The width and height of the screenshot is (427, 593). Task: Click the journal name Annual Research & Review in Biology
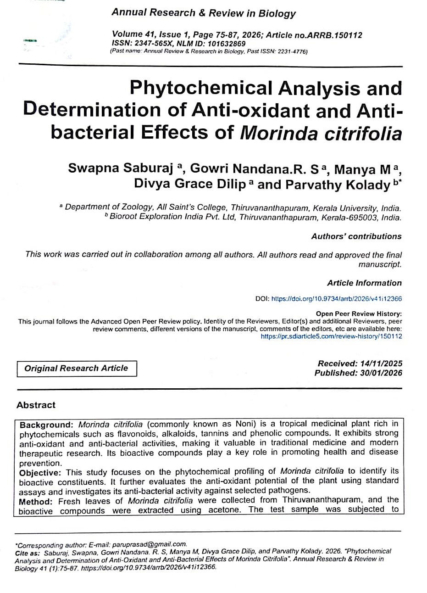(x=204, y=13)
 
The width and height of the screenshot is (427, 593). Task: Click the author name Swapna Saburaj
(x=120, y=168)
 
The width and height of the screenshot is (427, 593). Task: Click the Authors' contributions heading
(x=356, y=236)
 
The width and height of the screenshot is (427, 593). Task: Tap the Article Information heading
(x=364, y=283)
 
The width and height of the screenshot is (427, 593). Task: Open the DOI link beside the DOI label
(x=337, y=299)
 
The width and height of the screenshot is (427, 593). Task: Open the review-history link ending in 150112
(x=331, y=336)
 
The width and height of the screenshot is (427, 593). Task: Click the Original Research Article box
(x=77, y=368)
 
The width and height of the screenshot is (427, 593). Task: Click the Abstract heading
(x=36, y=405)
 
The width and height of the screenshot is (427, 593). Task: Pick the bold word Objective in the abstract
(x=41, y=472)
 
